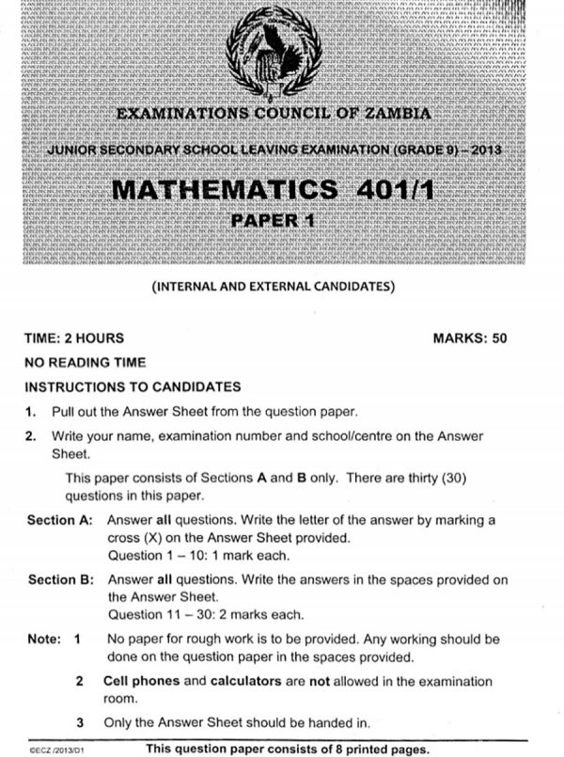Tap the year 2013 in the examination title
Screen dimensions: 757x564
pyautogui.click(x=483, y=151)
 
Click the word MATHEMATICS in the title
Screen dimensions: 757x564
pyautogui.click(x=224, y=189)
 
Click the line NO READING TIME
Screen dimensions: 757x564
pyautogui.click(x=85, y=362)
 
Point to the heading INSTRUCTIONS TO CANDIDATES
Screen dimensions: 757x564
pyautogui.click(x=133, y=386)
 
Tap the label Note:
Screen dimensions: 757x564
pyautogui.click(x=43, y=639)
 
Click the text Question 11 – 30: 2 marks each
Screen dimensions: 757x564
pyautogui.click(x=206, y=615)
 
